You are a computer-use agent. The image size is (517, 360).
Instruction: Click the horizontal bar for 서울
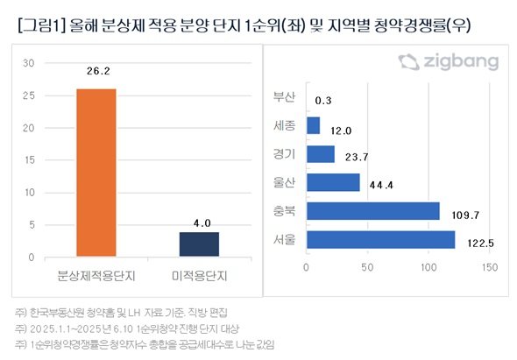(x=381, y=239)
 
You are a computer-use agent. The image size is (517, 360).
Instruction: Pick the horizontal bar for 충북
(x=373, y=211)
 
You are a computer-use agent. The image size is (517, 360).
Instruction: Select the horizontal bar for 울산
(x=333, y=182)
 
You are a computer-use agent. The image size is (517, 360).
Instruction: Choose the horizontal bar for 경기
(x=320, y=154)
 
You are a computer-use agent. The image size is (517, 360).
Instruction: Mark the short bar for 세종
(x=313, y=125)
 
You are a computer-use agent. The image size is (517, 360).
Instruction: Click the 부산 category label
(x=285, y=97)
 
